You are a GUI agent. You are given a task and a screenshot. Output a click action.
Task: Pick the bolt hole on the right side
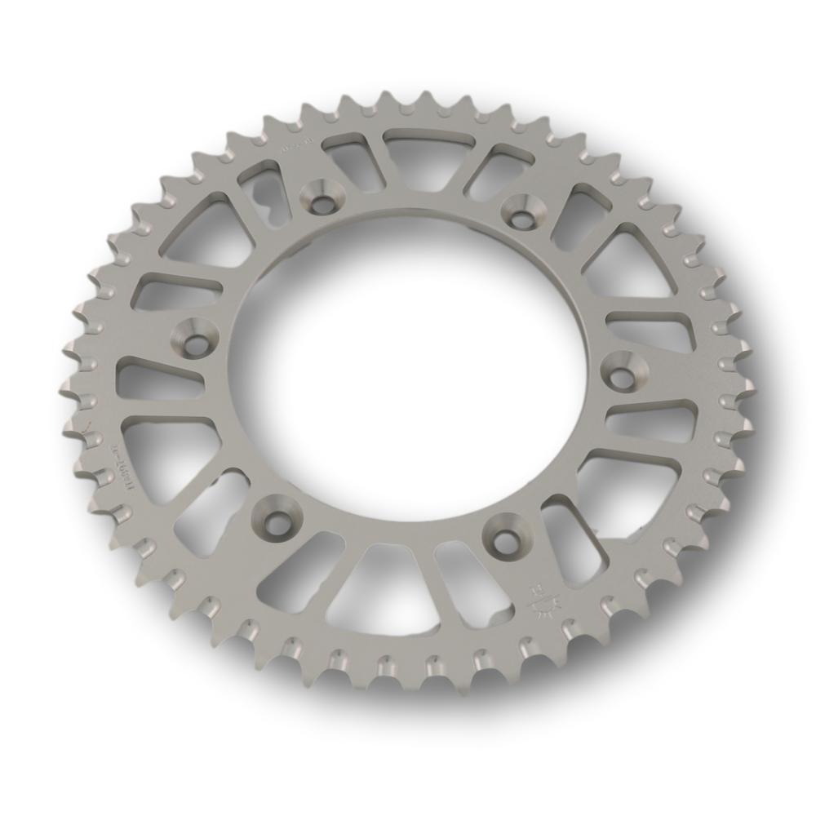tap(623, 374)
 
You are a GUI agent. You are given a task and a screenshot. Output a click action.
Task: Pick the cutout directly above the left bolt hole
tap(175, 290)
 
